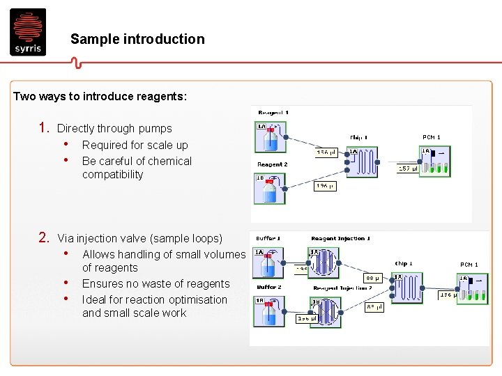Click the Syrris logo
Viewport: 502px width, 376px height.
[x=28, y=31]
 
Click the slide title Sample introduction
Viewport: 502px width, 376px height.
[x=137, y=40]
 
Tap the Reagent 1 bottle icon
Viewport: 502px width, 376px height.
[x=271, y=138]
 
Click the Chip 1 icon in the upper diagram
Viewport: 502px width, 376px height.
[x=362, y=162]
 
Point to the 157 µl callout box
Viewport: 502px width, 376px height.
[x=408, y=168]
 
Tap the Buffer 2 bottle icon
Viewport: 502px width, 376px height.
[x=269, y=313]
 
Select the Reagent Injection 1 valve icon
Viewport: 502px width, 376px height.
[x=322, y=263]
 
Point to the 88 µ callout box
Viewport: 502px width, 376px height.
[x=374, y=278]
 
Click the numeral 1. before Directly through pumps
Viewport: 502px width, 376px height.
[x=43, y=128]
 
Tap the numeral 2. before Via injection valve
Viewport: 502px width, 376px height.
[x=43, y=238]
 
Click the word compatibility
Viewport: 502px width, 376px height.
[x=112, y=175]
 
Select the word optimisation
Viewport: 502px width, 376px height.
[x=195, y=300]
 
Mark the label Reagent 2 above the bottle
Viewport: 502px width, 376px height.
[x=272, y=165]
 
